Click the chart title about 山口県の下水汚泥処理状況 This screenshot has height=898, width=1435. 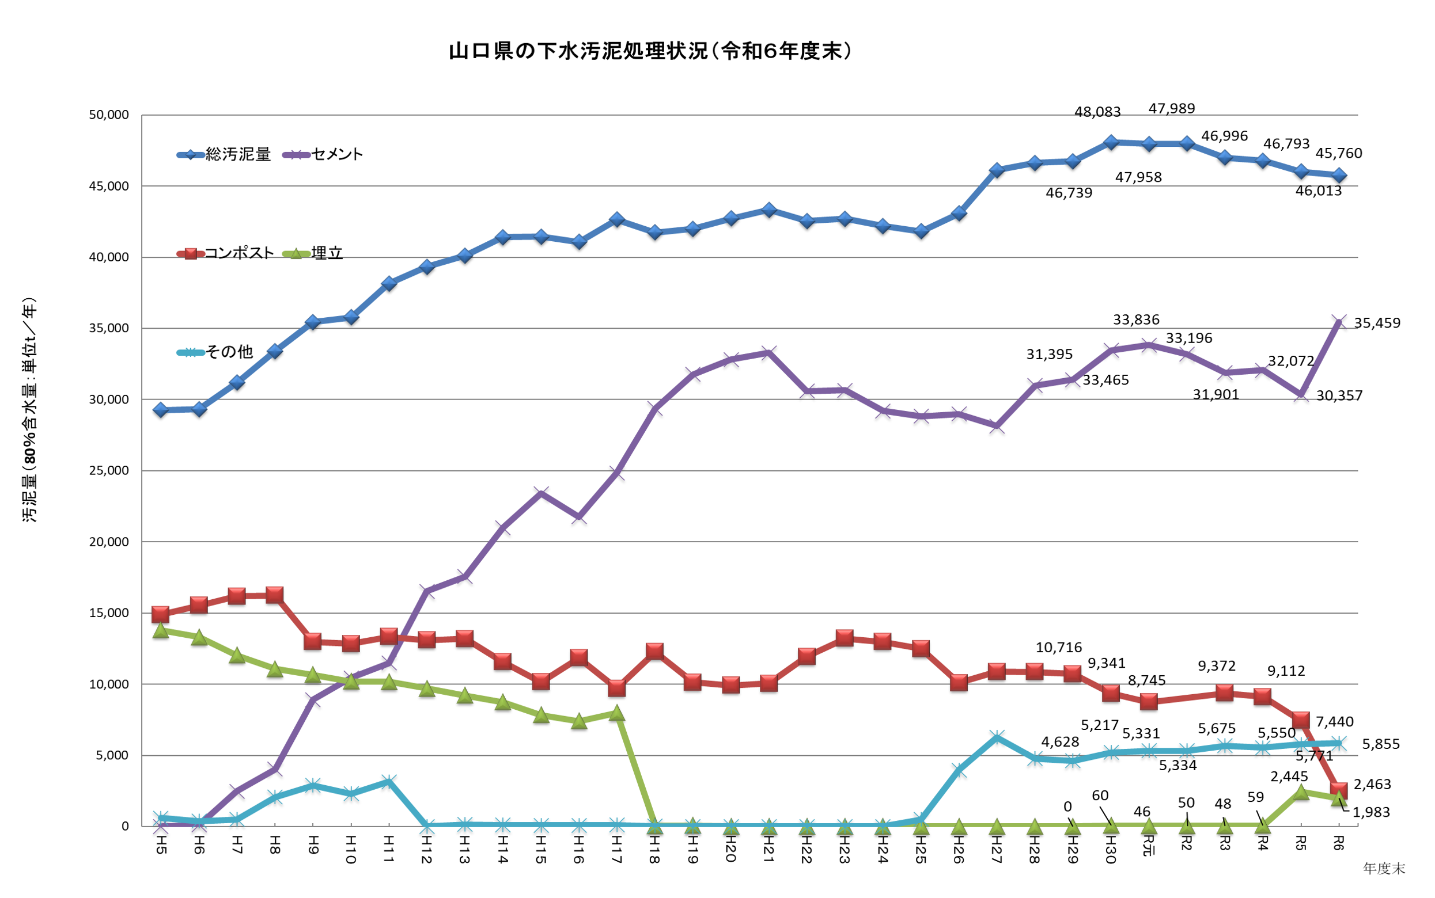click(650, 52)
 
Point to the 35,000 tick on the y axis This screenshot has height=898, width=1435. click(109, 329)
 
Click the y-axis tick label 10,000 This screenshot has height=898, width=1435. click(109, 684)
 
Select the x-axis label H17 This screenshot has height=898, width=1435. click(617, 849)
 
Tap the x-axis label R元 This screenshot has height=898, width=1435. click(1149, 846)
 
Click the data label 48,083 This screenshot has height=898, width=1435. click(1097, 112)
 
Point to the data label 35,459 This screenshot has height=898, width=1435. click(1376, 323)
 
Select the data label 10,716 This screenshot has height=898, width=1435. click(1058, 648)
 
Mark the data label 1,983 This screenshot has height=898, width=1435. click(1370, 812)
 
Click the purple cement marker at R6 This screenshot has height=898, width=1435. click(1339, 322)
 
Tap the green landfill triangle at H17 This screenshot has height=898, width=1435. click(617, 713)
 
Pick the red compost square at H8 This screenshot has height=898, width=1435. click(275, 595)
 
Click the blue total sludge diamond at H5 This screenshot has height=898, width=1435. click(160, 410)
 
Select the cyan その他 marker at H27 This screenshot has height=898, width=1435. click(997, 737)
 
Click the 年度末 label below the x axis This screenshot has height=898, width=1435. click(1383, 869)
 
